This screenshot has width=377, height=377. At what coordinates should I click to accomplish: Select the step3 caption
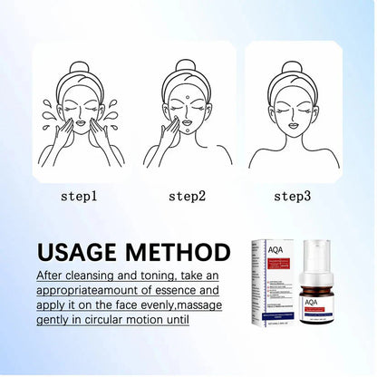(x=293, y=195)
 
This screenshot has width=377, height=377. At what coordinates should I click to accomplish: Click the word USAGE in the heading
(x=83, y=251)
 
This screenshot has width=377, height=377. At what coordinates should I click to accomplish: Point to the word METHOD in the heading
(x=182, y=251)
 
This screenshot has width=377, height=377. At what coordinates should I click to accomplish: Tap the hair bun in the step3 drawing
(x=292, y=68)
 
